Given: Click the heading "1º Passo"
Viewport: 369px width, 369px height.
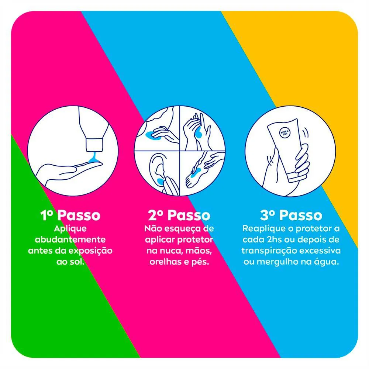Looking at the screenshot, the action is tap(70, 215).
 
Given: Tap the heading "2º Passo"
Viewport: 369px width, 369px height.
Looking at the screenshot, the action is tap(179, 215).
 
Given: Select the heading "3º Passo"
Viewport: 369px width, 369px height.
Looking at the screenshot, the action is tap(291, 215).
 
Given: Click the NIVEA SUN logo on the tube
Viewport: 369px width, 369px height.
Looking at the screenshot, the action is tap(285, 133).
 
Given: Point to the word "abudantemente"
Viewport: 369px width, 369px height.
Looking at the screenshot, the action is tap(70, 239).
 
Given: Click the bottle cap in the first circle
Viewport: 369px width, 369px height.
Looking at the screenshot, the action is tap(94, 145).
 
